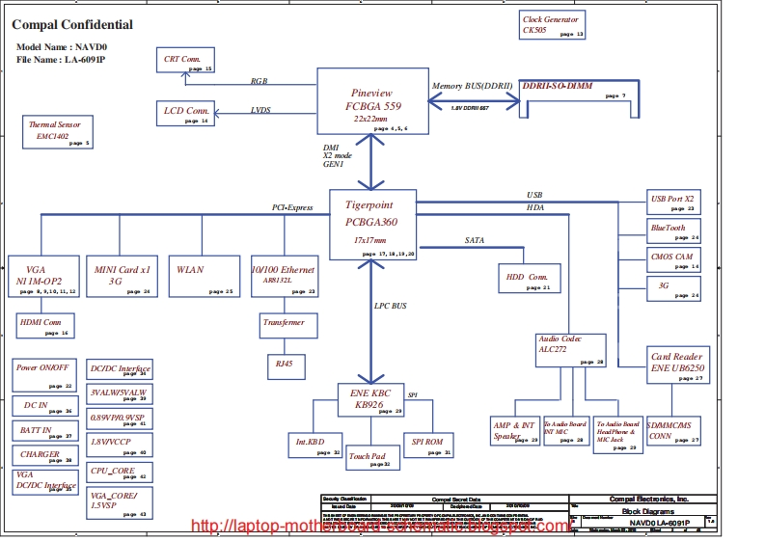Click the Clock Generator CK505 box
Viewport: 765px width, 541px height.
coord(552,25)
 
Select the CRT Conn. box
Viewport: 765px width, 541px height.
coord(186,61)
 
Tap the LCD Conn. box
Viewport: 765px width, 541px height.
coord(186,114)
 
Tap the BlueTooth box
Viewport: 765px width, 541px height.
coord(672,230)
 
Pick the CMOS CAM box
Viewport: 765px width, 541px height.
coord(672,260)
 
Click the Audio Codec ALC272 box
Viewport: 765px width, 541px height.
coord(570,349)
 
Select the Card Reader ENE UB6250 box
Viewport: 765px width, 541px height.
coord(676,365)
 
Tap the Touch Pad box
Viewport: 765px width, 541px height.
coord(372,458)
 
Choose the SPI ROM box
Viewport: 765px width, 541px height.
coord(428,444)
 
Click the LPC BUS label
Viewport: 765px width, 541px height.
coord(391,306)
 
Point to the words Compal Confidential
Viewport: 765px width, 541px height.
coord(73,25)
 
